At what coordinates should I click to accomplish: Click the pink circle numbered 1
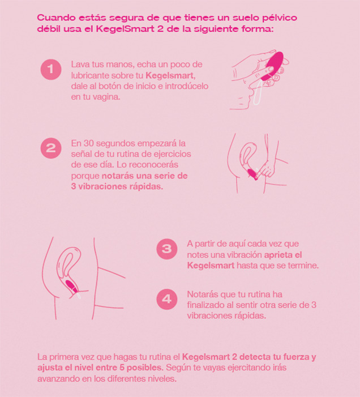(51, 70)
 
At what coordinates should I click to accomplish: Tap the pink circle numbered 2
(51, 148)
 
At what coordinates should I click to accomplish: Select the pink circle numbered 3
(167, 249)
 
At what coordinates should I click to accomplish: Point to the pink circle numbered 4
(167, 298)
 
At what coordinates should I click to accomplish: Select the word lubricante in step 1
(93, 75)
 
